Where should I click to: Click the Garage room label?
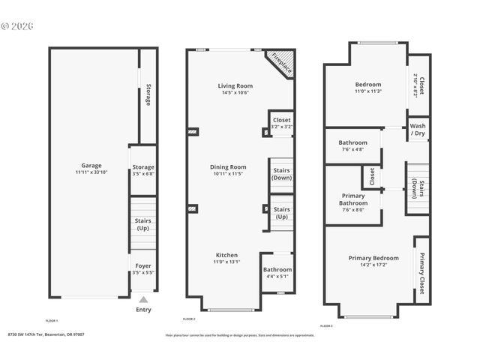[x=91, y=165]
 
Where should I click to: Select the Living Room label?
[x=235, y=86]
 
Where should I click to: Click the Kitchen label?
[x=226, y=255]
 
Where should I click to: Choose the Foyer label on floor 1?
[x=142, y=265]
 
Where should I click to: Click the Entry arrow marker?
[x=143, y=299]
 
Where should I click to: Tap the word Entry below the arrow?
[x=143, y=309]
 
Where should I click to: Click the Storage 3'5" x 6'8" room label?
[x=142, y=167]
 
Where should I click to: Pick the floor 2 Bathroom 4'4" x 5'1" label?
[x=277, y=269]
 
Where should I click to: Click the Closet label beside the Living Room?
[x=282, y=120]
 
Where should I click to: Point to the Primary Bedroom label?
[x=370, y=259]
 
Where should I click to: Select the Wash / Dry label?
[x=418, y=129]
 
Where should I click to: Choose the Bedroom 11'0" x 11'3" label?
[x=368, y=85]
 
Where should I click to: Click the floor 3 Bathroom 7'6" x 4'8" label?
[x=352, y=142]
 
